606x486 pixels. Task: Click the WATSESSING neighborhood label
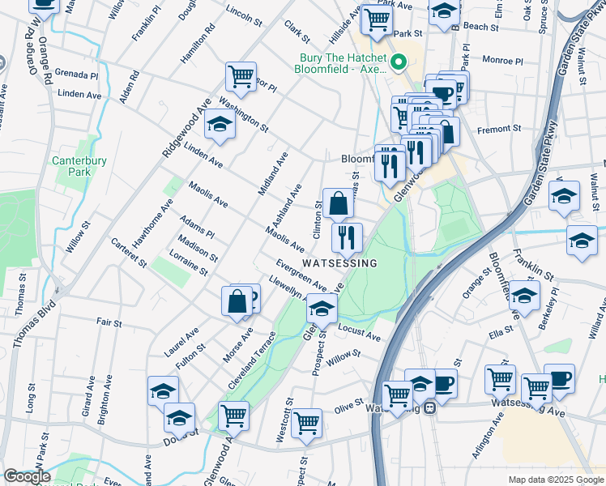339,264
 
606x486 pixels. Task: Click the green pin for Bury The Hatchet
398,62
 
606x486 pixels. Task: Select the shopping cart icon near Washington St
241,78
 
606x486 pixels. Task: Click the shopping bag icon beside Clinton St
339,203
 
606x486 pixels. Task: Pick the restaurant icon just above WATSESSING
347,237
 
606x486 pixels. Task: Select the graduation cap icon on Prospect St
322,309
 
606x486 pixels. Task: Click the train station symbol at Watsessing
433,407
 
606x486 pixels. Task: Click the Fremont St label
499,129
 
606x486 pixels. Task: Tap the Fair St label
109,322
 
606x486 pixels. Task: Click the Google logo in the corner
27,476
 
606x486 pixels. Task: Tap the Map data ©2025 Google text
555,480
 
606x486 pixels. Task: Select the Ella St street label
501,330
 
